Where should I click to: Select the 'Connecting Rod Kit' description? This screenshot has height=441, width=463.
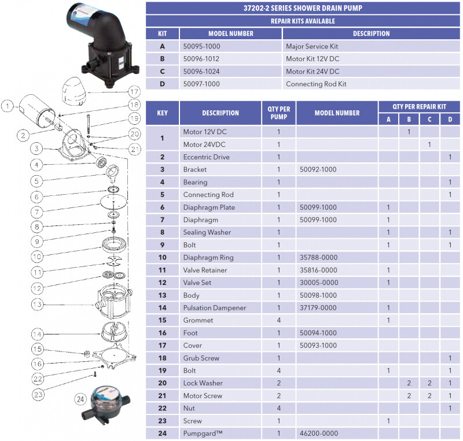[316, 84]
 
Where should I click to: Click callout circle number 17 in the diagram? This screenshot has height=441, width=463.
[134, 91]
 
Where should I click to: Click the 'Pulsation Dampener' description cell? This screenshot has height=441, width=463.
[215, 307]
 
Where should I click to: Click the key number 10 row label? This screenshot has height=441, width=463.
[162, 257]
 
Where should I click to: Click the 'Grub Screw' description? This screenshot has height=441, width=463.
[201, 358]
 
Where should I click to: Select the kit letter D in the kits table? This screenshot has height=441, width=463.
[162, 84]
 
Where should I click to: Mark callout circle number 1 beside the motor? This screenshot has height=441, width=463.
[7, 106]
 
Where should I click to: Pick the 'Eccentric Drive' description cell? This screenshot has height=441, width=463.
[206, 157]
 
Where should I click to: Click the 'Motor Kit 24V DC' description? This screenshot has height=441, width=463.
[313, 72]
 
